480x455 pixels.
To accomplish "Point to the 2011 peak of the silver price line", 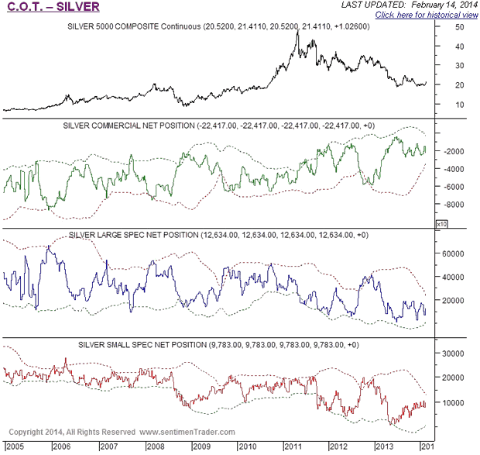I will [298, 32].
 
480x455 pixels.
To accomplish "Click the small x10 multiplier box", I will [441, 223].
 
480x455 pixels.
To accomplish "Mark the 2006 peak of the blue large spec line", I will [50, 246].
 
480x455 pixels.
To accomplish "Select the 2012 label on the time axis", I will [339, 447].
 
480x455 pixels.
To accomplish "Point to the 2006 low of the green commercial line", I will [49, 209].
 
